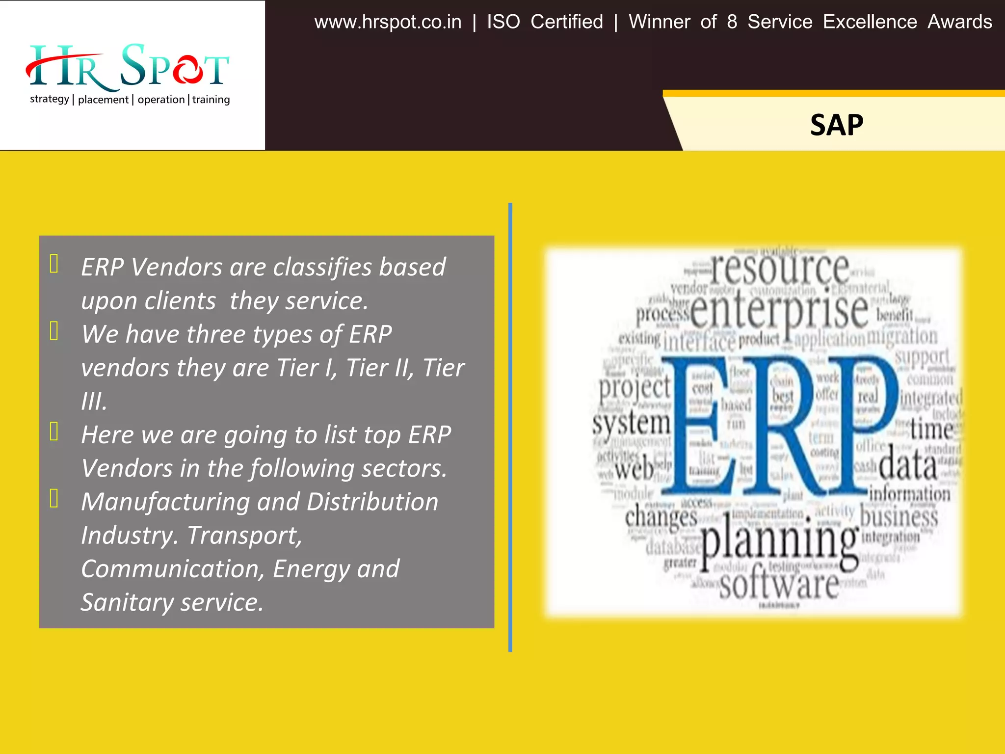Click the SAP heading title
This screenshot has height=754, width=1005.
click(x=836, y=125)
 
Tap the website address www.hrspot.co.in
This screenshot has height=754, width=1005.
click(x=388, y=22)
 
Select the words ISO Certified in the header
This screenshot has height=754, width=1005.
click(x=545, y=22)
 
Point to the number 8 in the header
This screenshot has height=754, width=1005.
click(x=732, y=22)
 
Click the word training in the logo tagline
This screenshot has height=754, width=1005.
click(x=211, y=100)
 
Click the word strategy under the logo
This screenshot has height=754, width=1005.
click(x=49, y=99)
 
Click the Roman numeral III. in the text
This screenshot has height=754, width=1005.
click(x=94, y=402)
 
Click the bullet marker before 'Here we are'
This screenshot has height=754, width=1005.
click(x=54, y=431)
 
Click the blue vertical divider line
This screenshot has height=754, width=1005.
click(x=510, y=427)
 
